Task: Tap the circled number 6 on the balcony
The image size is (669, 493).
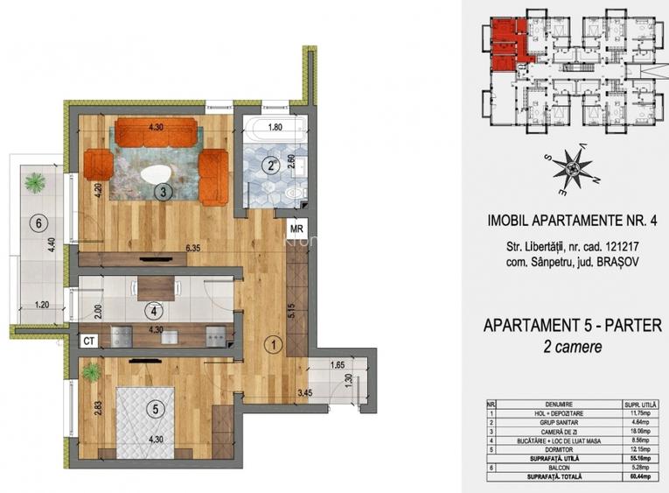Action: (36, 222)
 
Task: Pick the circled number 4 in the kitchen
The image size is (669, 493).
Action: (154, 309)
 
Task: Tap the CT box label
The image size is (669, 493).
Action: (87, 341)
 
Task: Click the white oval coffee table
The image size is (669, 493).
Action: (158, 173)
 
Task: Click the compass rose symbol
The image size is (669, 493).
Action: (574, 169)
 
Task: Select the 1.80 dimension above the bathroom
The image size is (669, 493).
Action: (275, 125)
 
